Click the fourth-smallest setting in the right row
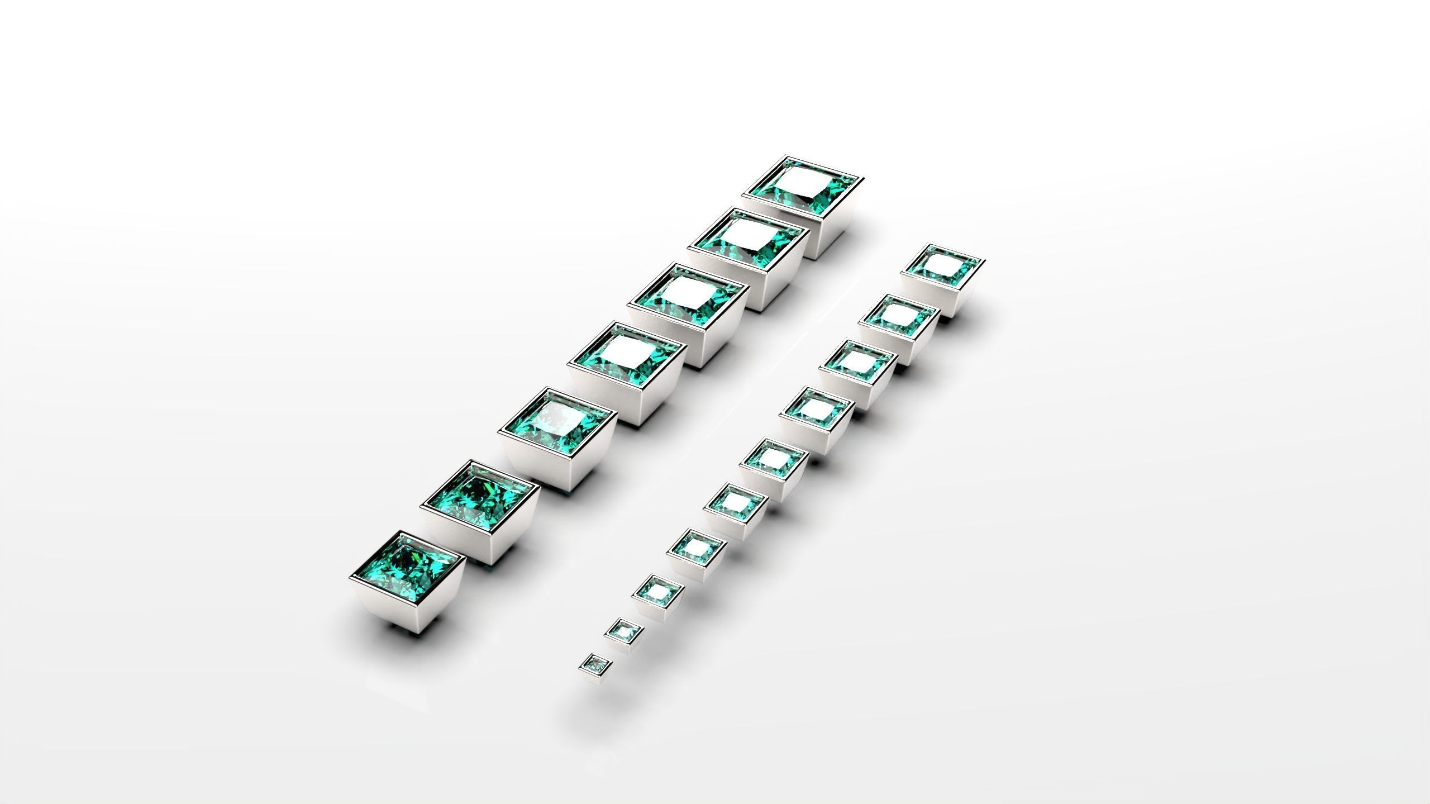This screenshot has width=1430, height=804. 696,564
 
